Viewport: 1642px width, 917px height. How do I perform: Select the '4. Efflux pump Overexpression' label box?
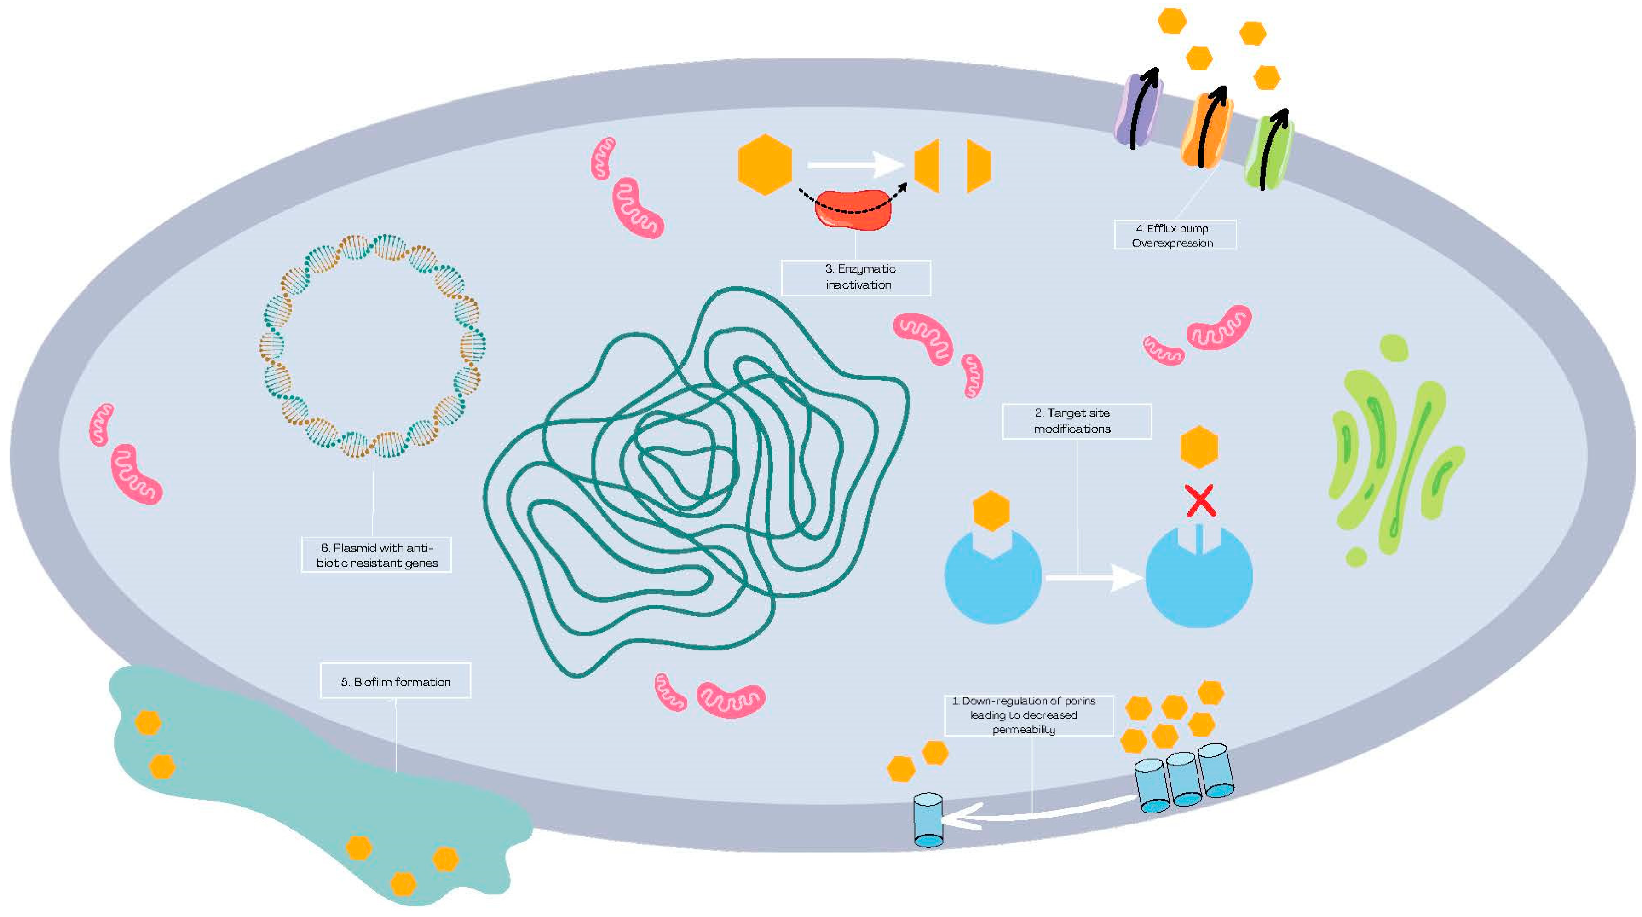(1174, 235)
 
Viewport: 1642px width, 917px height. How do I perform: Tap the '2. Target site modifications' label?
(1076, 421)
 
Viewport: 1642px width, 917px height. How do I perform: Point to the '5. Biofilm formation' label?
(395, 681)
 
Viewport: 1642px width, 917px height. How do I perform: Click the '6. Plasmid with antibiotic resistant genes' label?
(376, 555)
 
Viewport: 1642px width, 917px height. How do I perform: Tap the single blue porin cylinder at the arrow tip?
(928, 820)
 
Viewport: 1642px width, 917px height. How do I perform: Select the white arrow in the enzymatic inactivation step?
(854, 164)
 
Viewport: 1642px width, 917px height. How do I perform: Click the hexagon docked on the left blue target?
(991, 510)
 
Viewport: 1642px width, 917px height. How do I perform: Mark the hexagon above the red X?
(1199, 447)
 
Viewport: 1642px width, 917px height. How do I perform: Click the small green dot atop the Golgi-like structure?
(1394, 348)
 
